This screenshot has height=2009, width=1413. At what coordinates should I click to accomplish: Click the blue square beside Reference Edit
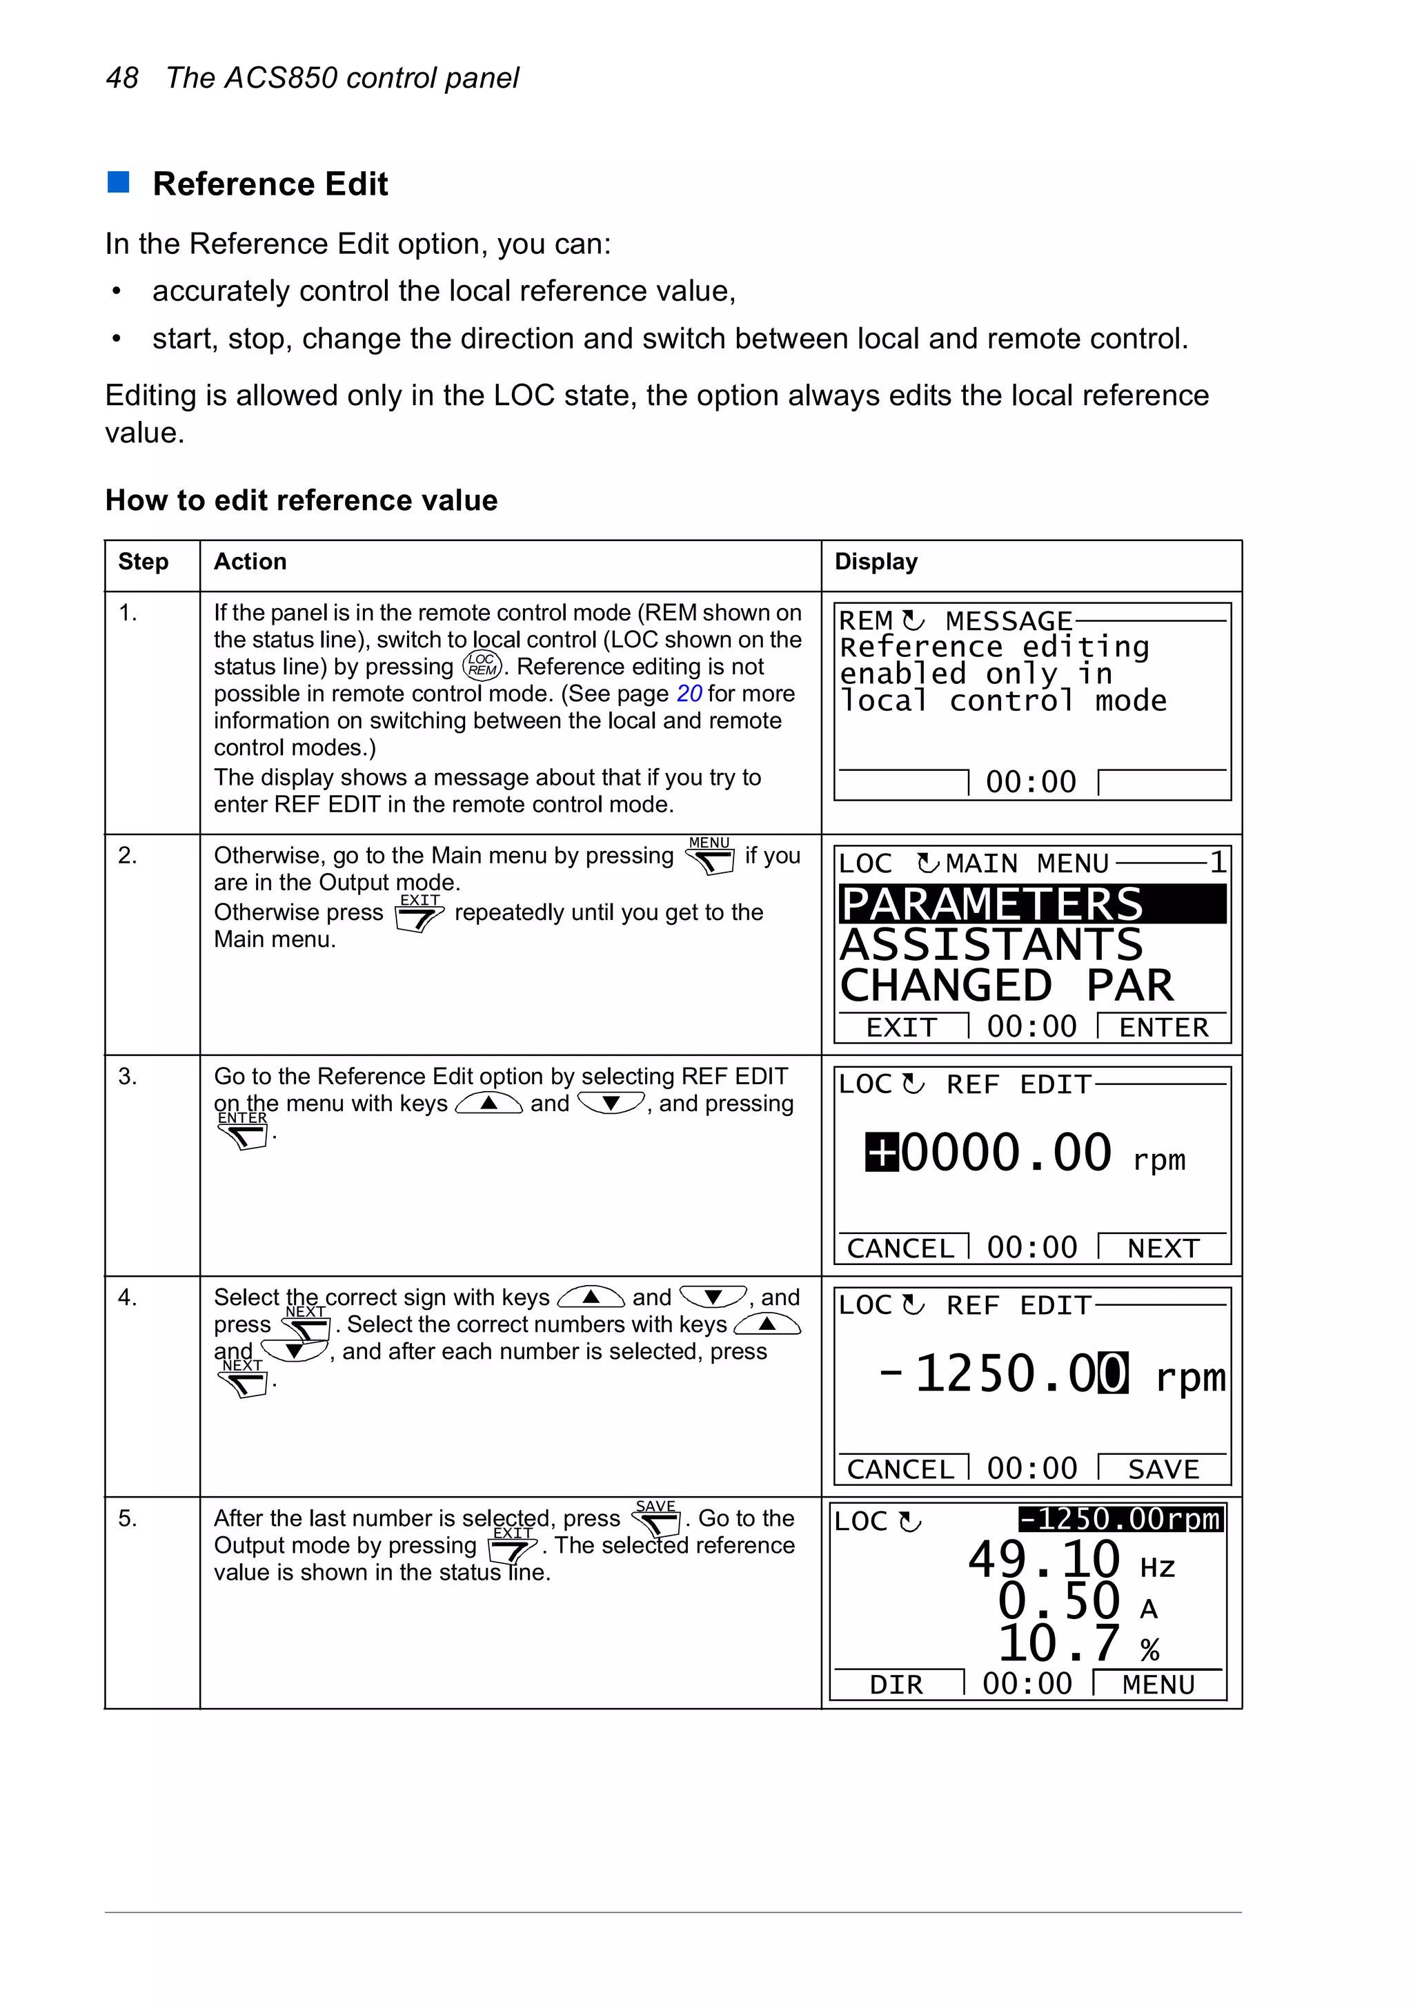click(118, 182)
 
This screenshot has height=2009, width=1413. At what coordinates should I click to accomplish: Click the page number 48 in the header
click(121, 78)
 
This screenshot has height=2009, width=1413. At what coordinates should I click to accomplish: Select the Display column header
click(875, 562)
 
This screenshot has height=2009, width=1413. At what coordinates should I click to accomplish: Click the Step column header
click(143, 562)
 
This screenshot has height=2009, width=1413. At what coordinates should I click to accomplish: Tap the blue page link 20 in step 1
click(689, 694)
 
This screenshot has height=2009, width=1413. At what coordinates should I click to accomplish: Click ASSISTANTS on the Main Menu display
click(991, 945)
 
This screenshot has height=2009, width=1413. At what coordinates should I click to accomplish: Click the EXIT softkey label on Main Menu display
click(901, 1027)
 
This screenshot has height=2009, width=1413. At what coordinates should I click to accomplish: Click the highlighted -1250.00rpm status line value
click(1120, 1519)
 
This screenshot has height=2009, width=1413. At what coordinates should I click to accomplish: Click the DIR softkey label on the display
click(896, 1685)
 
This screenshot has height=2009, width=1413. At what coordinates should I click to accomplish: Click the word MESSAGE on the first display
click(1008, 621)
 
